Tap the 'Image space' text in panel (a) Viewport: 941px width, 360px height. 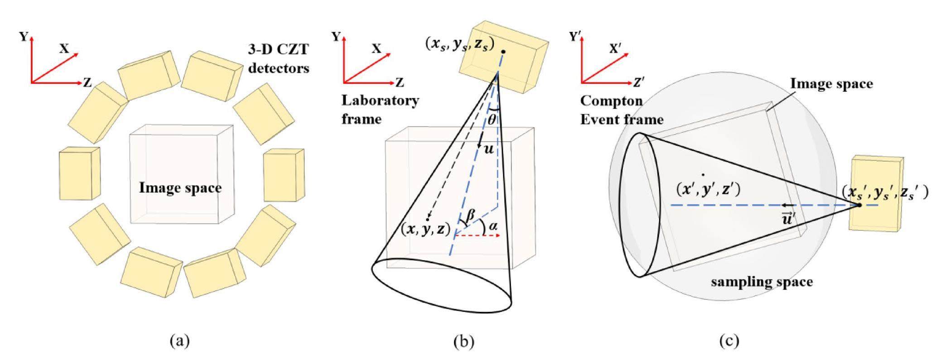180,187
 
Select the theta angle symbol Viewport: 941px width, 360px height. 492,120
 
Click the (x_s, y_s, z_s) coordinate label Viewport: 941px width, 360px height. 459,43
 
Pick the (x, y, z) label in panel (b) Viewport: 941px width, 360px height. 425,230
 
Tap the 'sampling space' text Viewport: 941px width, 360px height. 762,282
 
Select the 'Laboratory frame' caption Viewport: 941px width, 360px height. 380,109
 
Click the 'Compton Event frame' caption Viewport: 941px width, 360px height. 621,110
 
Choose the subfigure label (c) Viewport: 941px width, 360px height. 729,340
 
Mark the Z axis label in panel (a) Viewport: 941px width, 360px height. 87,82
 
